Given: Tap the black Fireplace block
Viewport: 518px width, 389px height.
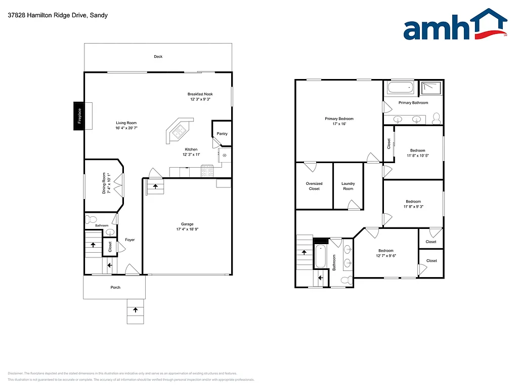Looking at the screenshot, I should [x=79, y=116].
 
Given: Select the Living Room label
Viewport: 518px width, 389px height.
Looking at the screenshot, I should [x=126, y=123].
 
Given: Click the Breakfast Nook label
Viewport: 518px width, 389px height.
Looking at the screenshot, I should [x=200, y=94].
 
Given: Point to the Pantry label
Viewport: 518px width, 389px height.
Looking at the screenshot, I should [x=222, y=134].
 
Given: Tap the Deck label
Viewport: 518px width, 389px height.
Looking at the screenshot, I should [x=158, y=57].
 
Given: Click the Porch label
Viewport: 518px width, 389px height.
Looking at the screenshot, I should [x=115, y=287].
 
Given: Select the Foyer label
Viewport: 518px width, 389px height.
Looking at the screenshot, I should [x=130, y=240].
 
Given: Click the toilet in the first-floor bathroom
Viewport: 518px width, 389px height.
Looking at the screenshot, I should [x=91, y=219].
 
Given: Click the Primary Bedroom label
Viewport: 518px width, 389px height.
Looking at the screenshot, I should [x=339, y=119].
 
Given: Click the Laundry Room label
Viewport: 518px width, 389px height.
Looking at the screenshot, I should [x=348, y=186].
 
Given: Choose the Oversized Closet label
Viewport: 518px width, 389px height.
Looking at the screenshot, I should [x=314, y=186].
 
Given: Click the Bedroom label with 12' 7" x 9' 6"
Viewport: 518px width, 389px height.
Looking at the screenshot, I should [x=386, y=251].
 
